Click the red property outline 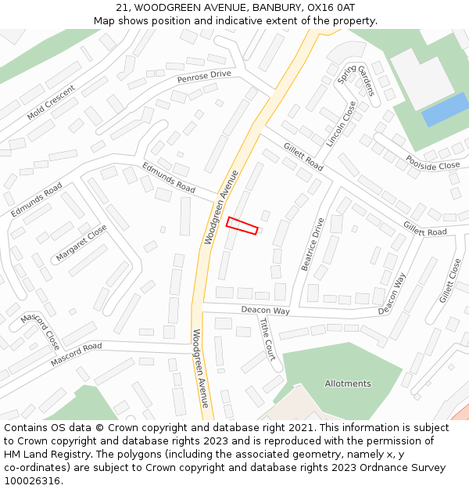[242, 225]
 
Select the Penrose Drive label [204, 76]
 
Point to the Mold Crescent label [51, 102]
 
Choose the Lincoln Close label [341, 124]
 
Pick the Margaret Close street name [81, 243]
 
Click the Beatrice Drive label [313, 244]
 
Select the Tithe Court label [267, 340]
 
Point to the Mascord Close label [40, 331]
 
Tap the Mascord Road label [76, 355]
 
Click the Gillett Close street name [450, 282]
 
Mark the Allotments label [348, 383]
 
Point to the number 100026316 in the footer [32, 481]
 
